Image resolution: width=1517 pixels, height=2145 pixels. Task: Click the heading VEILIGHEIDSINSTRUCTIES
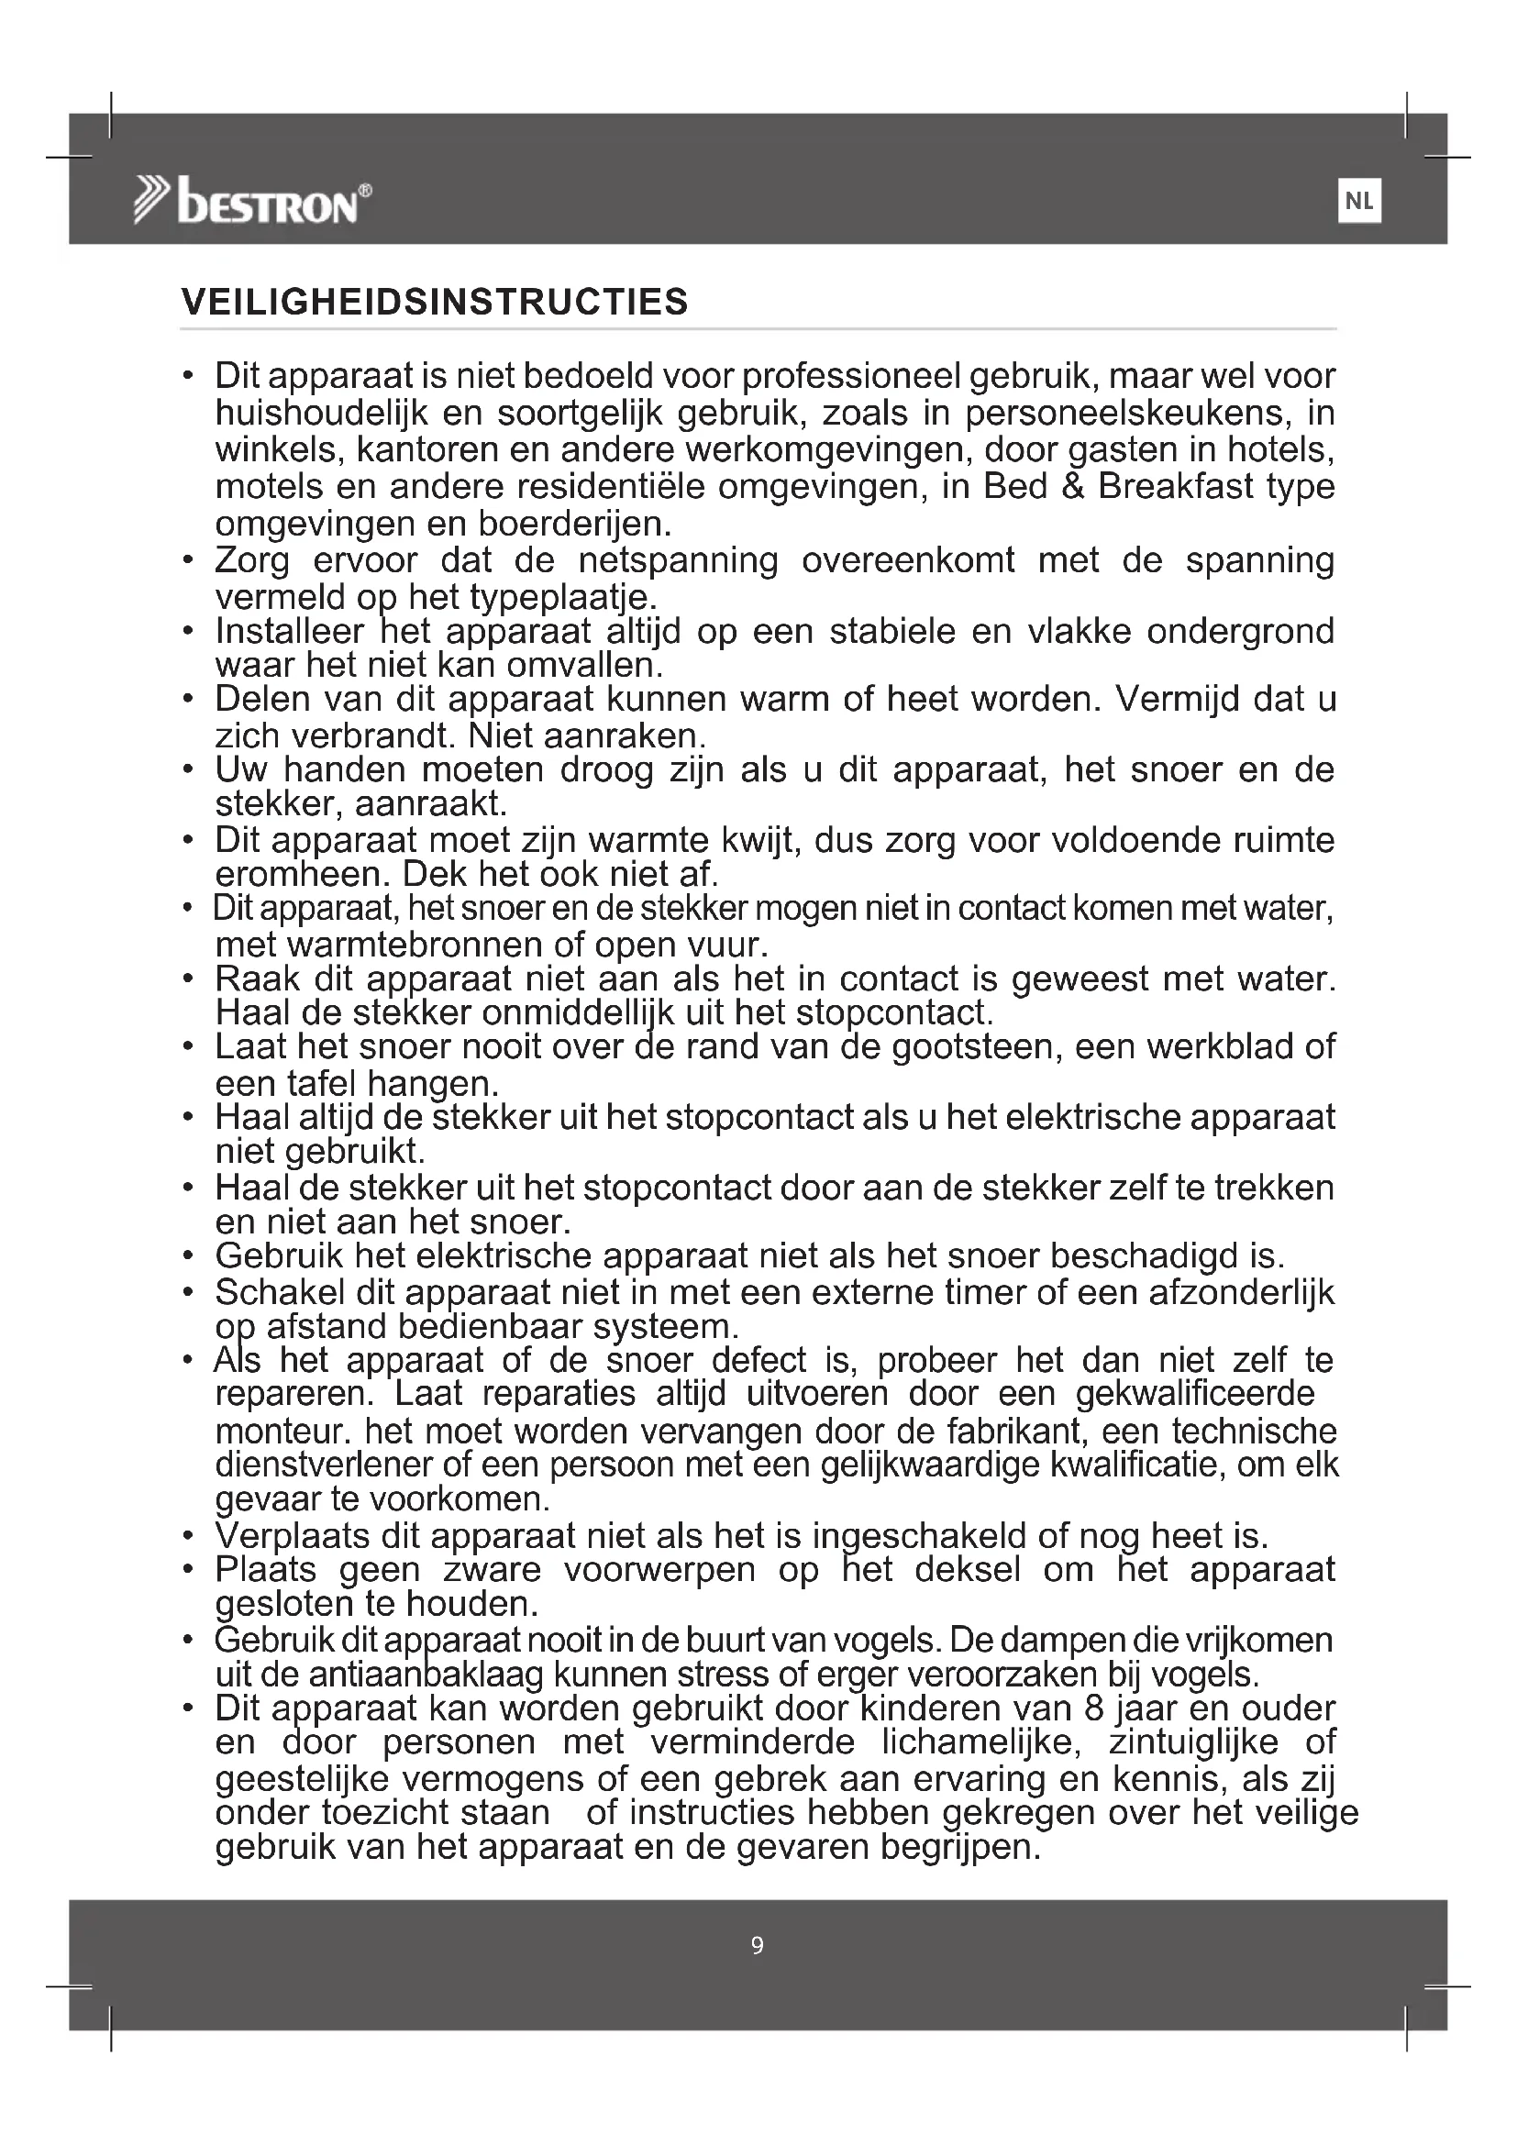[x=435, y=303]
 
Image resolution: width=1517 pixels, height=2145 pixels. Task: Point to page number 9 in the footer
[x=758, y=1946]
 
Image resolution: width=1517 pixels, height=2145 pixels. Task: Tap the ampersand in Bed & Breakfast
[x=1072, y=487]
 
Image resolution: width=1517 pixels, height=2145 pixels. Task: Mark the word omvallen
[x=585, y=665]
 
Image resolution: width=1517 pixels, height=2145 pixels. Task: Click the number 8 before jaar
[x=1095, y=1708]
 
